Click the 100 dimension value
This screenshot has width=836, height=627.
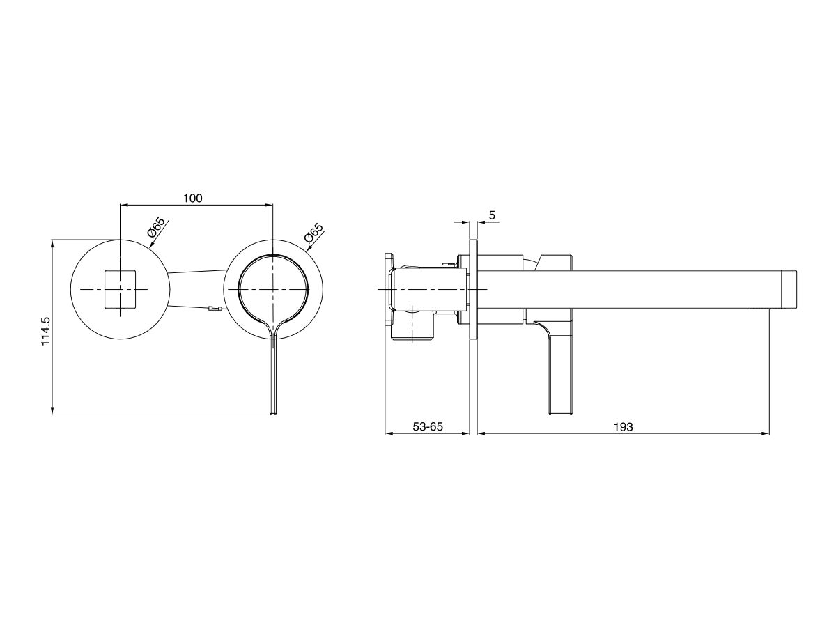point(192,199)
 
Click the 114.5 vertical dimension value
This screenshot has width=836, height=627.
point(46,327)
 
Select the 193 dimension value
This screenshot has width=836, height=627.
point(624,427)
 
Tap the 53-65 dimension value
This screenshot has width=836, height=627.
point(428,427)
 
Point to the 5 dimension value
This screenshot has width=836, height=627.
point(492,216)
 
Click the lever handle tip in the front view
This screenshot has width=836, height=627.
point(272,411)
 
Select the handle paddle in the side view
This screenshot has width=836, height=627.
point(561,376)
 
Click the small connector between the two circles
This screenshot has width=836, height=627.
point(215,309)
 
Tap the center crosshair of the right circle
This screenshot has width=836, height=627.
point(272,288)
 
